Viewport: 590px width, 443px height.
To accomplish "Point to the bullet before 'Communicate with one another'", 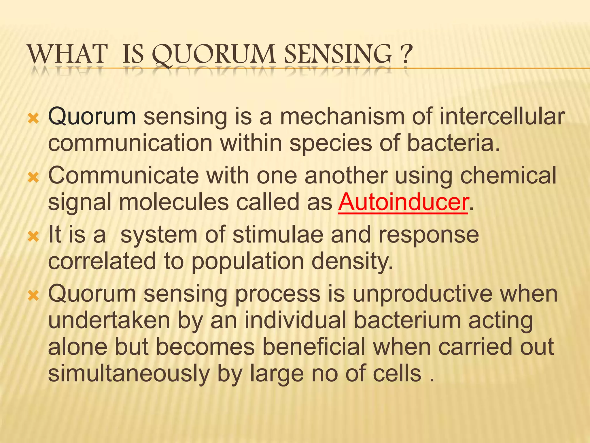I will coord(33,178).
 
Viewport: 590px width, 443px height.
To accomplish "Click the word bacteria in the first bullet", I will coord(453,143).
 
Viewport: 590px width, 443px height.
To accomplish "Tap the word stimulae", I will coord(278,235).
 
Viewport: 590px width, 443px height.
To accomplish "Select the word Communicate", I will coord(124,176).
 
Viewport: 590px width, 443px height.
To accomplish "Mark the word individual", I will coord(295,321).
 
